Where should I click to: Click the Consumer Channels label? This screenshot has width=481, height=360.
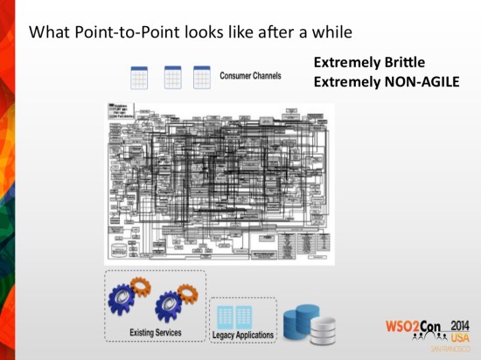250,76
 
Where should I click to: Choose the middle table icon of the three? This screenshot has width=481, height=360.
171,77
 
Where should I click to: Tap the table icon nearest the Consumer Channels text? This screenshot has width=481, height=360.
202,77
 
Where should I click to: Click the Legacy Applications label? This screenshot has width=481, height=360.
242,336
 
